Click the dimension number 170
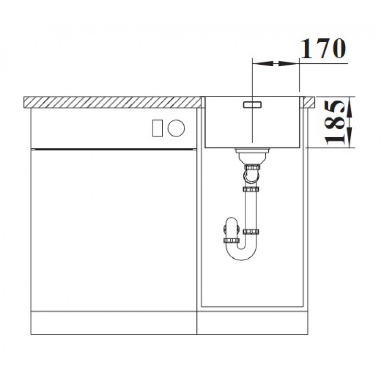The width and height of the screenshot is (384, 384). [x=323, y=48]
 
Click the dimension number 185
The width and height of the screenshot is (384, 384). [x=335, y=122]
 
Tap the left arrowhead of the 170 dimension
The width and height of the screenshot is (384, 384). [x=263, y=64]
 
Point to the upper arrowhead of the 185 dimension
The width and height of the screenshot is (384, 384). [x=350, y=108]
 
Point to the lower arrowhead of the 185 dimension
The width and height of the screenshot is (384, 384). [x=350, y=137]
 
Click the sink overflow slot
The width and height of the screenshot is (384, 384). [x=252, y=105]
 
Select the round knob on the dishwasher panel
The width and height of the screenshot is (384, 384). [x=176, y=128]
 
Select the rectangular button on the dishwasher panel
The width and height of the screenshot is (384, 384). [x=157, y=128]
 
